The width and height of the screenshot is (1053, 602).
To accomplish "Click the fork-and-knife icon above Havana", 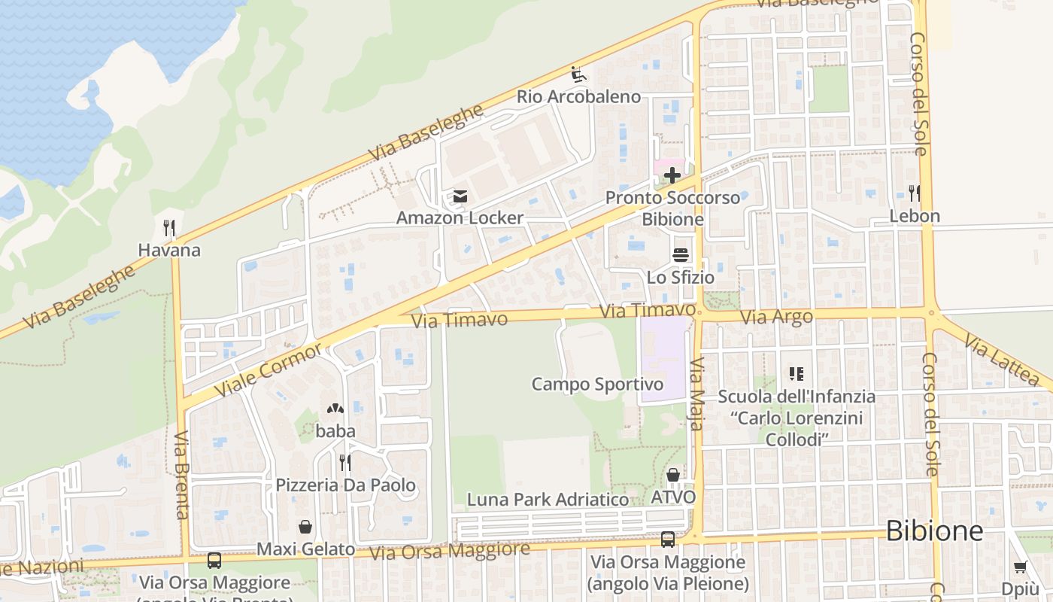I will [169, 227].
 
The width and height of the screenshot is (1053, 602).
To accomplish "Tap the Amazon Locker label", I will [460, 218].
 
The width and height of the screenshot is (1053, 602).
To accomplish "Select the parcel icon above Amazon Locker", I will [460, 197].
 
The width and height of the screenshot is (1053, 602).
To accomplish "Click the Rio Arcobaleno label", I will [578, 97].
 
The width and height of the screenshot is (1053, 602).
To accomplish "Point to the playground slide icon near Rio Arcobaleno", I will [578, 74].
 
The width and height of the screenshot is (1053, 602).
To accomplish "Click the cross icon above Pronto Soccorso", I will [672, 176].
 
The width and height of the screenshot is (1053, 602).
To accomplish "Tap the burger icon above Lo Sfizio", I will [681, 255].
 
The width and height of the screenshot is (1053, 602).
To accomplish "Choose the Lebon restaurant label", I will [915, 216].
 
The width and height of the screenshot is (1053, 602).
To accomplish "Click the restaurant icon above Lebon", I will [914, 193].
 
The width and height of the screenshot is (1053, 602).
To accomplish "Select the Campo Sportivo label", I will [597, 385].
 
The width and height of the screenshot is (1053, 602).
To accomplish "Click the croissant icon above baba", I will [335, 409].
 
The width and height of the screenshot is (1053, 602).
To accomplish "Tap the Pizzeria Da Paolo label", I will [345, 485].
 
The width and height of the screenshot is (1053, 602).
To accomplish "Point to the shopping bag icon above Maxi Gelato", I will [305, 527].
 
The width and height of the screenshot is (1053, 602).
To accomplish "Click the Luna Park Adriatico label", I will [548, 500].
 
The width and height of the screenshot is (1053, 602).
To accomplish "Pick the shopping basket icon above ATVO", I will [673, 475].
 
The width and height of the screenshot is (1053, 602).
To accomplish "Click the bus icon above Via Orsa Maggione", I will [668, 539].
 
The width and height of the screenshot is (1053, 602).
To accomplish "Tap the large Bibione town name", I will [934, 531].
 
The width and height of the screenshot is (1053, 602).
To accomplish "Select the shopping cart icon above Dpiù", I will [1020, 567].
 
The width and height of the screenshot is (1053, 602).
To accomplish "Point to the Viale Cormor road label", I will [269, 369].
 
